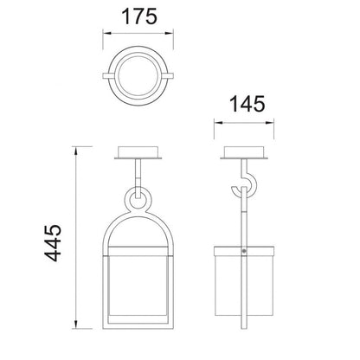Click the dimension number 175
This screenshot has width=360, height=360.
coord(139,16)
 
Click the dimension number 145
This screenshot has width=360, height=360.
coord(247,104)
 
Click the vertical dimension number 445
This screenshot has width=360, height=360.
coord(53,242)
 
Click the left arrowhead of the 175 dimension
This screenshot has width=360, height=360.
coord(107,34)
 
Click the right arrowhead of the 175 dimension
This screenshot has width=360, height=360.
coord(169,34)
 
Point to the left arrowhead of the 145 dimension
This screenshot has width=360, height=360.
coord(218,123)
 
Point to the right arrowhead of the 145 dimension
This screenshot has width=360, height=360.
coord(269,123)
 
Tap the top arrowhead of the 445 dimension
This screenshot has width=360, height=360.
coord(76,151)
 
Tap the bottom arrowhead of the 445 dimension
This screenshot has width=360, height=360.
coord(76,325)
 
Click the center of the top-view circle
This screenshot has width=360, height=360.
coord(138,75)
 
